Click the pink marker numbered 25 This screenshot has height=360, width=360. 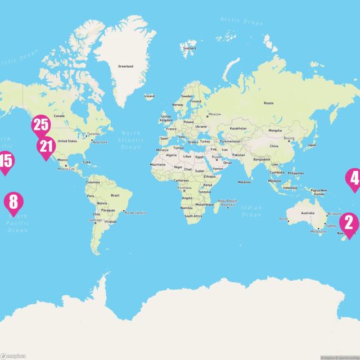click(x=41, y=125)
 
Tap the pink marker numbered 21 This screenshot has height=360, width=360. click(x=46, y=147)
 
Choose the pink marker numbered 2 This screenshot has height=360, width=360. click(x=349, y=224)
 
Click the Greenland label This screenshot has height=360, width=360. click(x=125, y=66)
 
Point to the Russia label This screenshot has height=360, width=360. click(x=268, y=103)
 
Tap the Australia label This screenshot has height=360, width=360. click(x=308, y=213)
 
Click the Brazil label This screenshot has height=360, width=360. click(x=115, y=195)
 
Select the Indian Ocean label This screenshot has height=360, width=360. click(x=251, y=211)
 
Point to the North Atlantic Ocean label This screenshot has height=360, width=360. click(x=131, y=140)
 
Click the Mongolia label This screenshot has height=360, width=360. click(x=275, y=130)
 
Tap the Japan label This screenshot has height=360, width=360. click(x=312, y=145)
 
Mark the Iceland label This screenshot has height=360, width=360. click(x=149, y=96)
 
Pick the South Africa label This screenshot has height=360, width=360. click(x=193, y=216)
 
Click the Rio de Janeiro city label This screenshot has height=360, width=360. click(x=136, y=212)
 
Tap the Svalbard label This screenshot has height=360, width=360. click(x=189, y=48)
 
